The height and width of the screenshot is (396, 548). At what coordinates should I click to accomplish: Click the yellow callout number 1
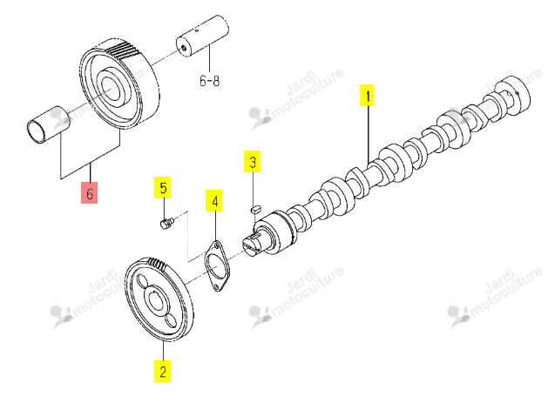coord(367,95)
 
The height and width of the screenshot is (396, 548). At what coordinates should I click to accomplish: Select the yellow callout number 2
coord(163,371)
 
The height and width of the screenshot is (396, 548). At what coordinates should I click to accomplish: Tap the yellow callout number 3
coord(253,161)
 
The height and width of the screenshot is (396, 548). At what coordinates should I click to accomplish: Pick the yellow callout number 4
coord(214,201)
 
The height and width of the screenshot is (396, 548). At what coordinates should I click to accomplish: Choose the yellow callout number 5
coord(163,187)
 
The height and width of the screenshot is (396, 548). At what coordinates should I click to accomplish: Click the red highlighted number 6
coord(90,192)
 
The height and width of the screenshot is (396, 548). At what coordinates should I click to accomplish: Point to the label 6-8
coord(210,81)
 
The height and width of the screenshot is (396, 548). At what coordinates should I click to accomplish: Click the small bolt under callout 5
coord(166,223)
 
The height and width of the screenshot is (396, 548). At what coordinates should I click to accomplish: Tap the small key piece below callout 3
coord(255,209)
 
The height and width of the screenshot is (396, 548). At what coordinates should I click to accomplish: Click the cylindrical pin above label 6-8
coord(202,36)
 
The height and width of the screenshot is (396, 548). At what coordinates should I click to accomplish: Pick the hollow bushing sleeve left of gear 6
coord(48,124)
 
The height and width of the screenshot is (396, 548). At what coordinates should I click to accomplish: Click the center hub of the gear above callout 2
coord(155,299)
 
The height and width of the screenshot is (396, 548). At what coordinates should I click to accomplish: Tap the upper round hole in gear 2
coord(142,280)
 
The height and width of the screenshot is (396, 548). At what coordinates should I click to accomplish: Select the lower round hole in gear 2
coord(171,320)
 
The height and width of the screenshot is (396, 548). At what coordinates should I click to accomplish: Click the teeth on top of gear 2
coord(156,264)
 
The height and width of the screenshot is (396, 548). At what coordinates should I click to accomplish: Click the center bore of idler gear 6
coord(110,87)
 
